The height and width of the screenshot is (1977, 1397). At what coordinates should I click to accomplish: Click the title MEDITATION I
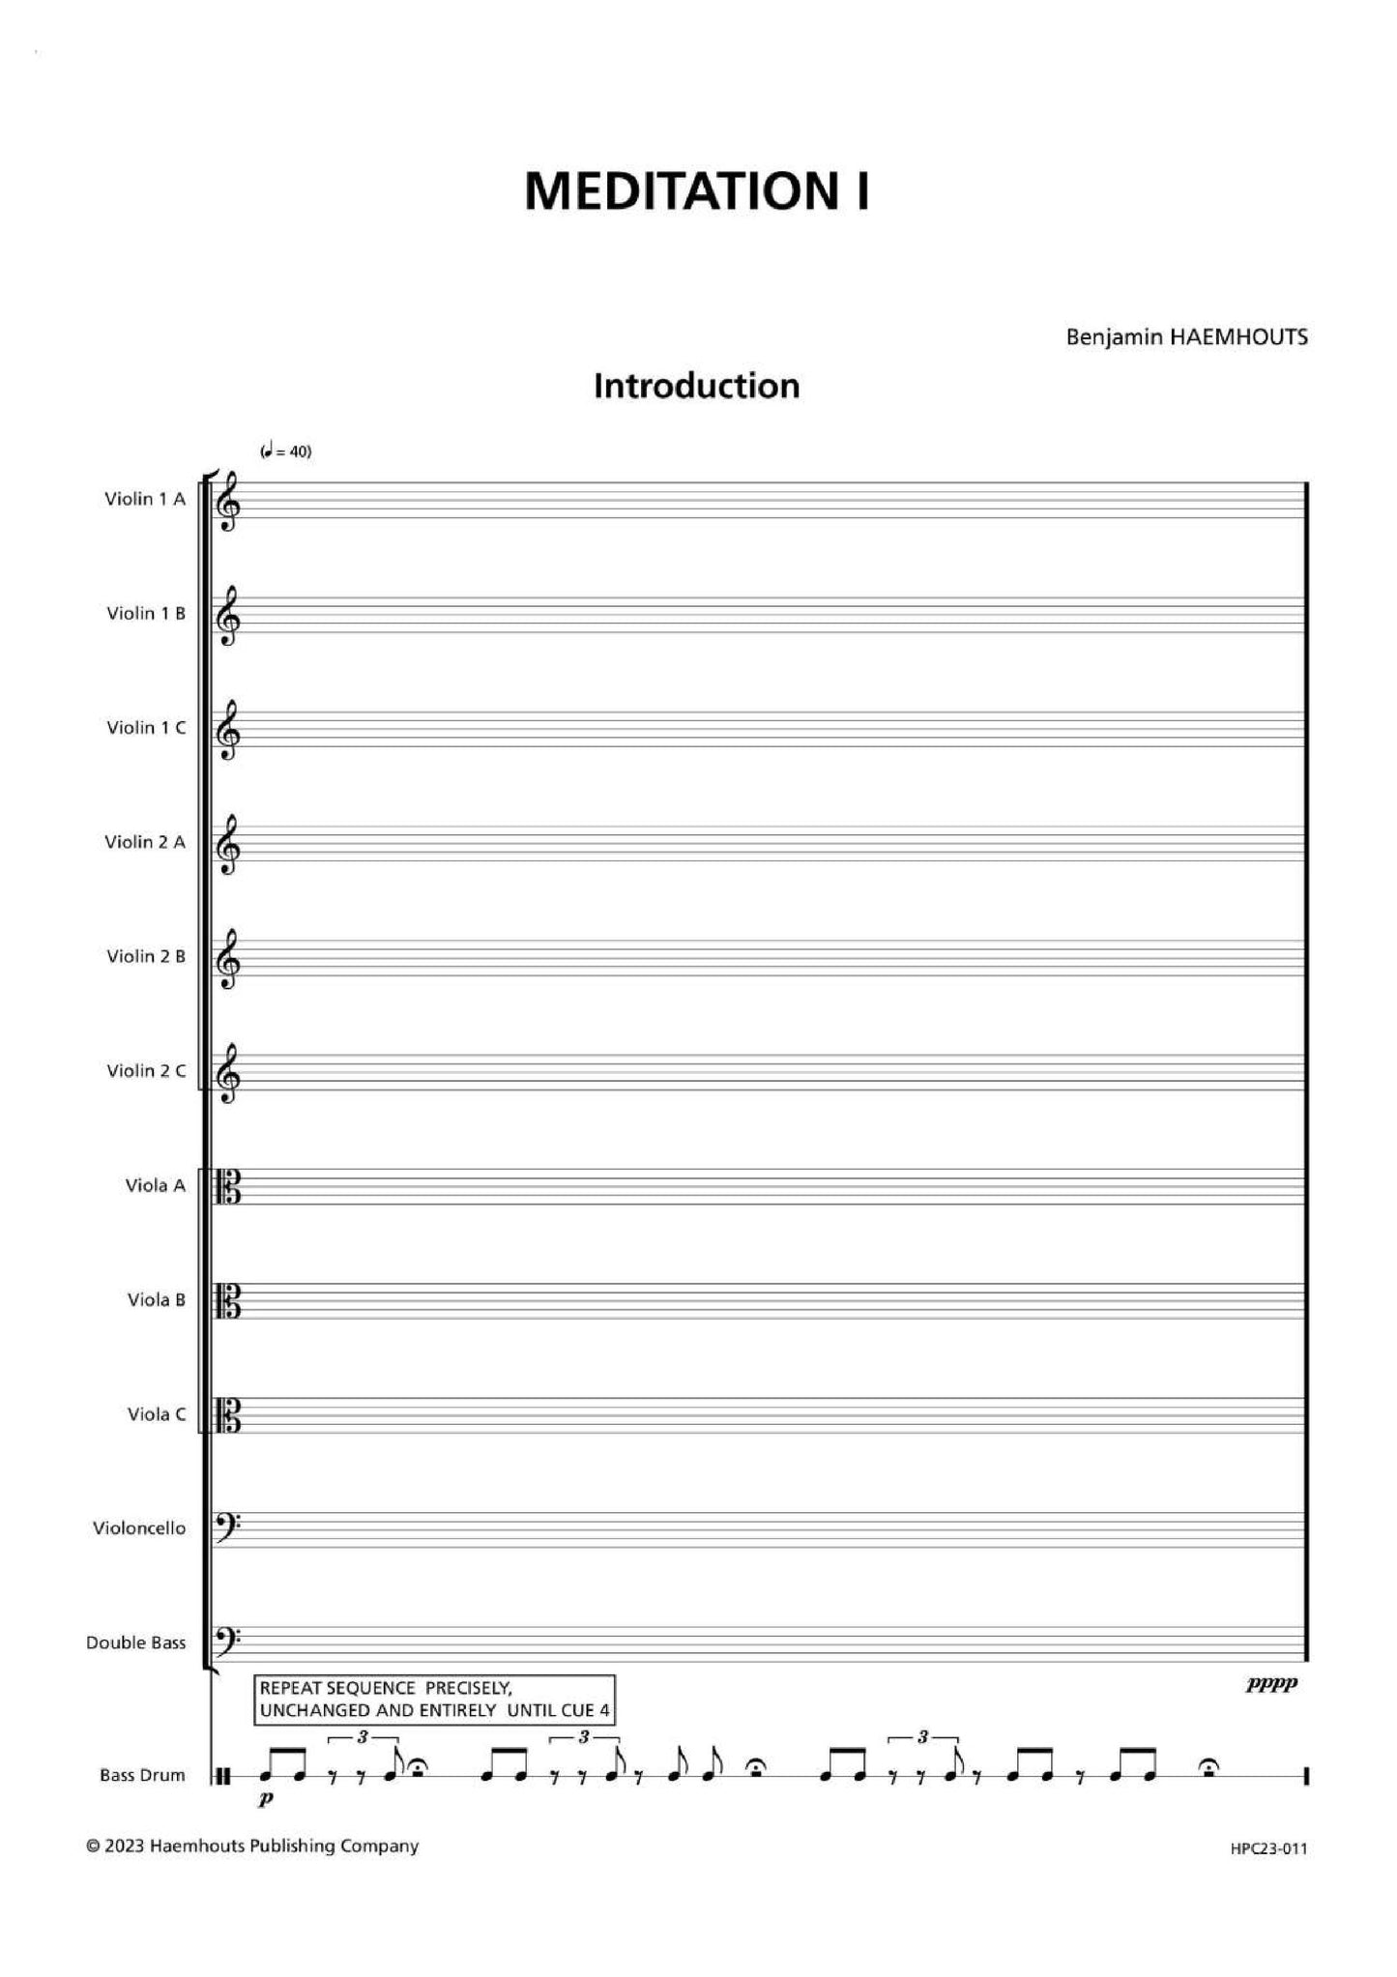pos(696,190)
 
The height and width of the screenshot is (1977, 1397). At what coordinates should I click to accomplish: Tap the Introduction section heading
pos(696,386)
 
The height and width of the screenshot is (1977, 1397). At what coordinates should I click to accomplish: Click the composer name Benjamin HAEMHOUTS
pos(1186,336)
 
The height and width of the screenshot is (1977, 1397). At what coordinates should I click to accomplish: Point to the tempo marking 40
pos(286,451)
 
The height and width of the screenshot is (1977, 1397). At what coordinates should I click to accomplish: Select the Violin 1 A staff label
pos(145,499)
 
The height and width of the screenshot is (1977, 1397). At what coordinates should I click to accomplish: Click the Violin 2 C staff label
pos(146,1070)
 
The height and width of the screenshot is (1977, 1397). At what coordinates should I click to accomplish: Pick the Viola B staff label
pos(156,1299)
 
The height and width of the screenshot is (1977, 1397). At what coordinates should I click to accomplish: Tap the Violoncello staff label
pos(139,1528)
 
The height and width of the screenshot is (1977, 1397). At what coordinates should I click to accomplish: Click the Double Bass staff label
pos(135,1643)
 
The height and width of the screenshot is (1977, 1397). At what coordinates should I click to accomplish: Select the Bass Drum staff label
pos(142,1775)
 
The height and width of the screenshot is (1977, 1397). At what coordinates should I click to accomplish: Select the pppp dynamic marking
pos(1271,1684)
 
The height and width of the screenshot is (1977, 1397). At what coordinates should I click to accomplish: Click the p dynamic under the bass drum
pos(266,1800)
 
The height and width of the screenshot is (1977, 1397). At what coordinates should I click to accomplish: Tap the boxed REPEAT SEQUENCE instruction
pos(434,1699)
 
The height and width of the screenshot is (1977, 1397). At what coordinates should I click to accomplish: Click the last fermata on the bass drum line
pos(1208,1767)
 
